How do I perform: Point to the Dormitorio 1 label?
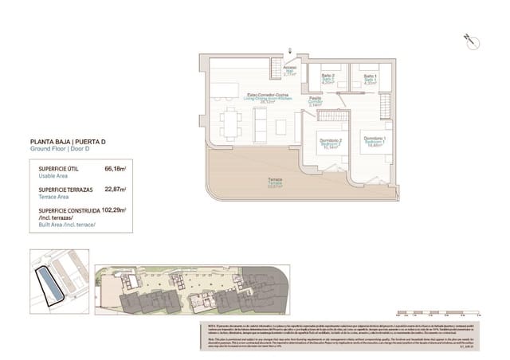[x=375, y=140]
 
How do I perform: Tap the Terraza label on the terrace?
[x=274, y=182]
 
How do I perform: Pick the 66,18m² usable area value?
[x=116, y=169]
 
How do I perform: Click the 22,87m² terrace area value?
[x=116, y=190]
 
